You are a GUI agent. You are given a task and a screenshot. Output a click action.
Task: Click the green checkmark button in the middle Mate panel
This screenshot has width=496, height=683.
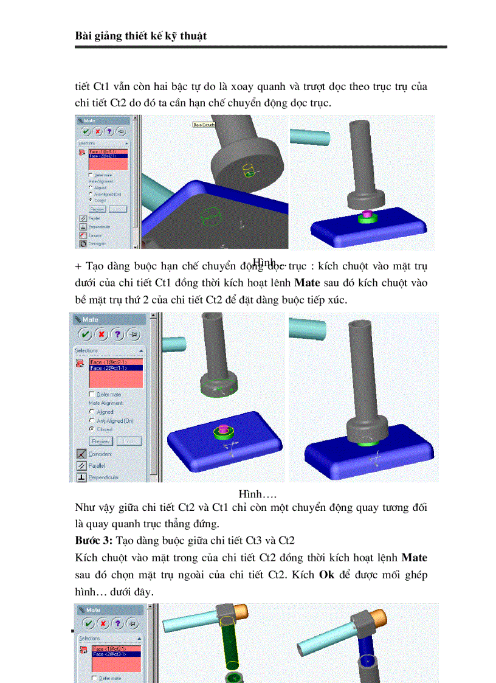point(86,335)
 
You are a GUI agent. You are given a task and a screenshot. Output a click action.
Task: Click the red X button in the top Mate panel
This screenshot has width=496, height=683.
point(98,131)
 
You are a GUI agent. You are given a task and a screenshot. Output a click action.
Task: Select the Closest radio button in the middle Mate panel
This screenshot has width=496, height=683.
point(92,429)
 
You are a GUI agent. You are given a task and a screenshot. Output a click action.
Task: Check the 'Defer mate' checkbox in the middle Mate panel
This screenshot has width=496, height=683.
point(92,394)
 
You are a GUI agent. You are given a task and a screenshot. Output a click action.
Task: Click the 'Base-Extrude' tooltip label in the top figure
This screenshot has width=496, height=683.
point(204,124)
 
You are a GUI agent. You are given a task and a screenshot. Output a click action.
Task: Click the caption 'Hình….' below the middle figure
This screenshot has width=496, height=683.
point(253,492)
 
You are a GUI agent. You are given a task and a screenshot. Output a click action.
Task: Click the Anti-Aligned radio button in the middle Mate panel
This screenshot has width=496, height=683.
point(92,420)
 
